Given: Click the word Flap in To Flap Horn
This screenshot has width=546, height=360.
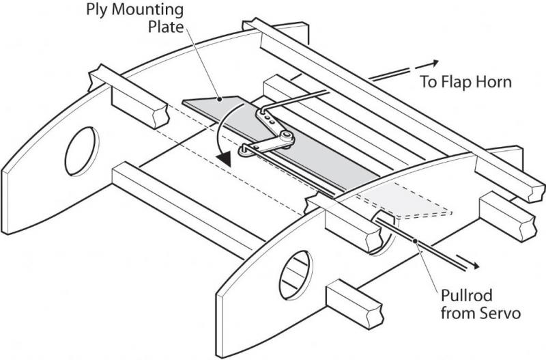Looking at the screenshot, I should coord(465,83).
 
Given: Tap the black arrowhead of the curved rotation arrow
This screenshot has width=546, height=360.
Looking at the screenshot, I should coord(221,158).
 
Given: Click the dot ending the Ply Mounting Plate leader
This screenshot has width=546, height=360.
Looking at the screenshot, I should coord(220,98).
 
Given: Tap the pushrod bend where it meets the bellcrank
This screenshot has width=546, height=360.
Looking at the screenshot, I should coord(261,110).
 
